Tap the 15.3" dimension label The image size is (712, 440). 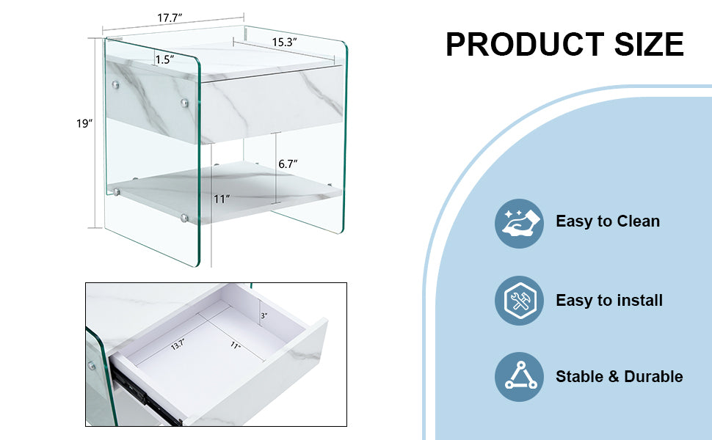click(x=283, y=43)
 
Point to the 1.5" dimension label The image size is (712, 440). click(x=164, y=60)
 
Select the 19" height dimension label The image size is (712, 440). click(x=84, y=124)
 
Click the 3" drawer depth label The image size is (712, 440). click(x=263, y=316)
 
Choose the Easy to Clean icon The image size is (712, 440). click(x=520, y=223)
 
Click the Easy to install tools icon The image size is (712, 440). click(x=520, y=301)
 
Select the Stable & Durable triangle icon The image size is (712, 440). click(x=520, y=377)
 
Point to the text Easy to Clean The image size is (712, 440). click(x=608, y=221)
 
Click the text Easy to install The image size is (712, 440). click(x=609, y=300)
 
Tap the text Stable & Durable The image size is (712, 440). click(x=619, y=377)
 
